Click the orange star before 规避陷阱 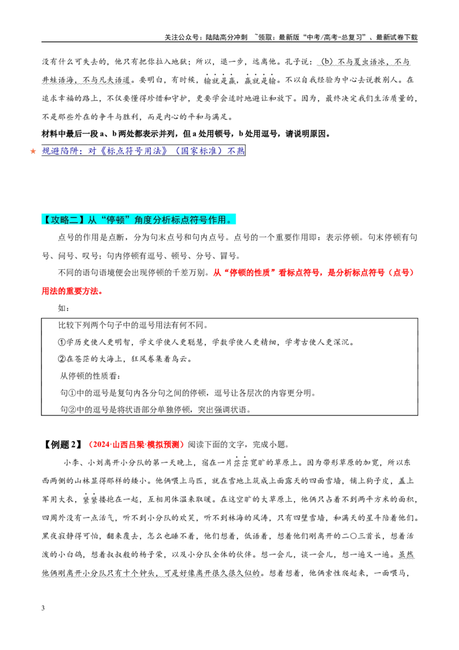(x=33, y=152)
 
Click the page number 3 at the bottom (x=43, y=608)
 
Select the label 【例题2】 (x=63, y=445)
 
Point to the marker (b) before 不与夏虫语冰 (x=327, y=62)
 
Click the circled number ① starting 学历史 (x=62, y=342)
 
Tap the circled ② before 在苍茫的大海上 (x=62, y=359)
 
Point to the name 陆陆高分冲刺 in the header (x=227, y=37)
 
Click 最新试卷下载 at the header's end (x=396, y=37)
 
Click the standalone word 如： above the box (x=64, y=308)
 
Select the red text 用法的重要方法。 (x=72, y=291)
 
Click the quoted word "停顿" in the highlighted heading (x=116, y=220)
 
